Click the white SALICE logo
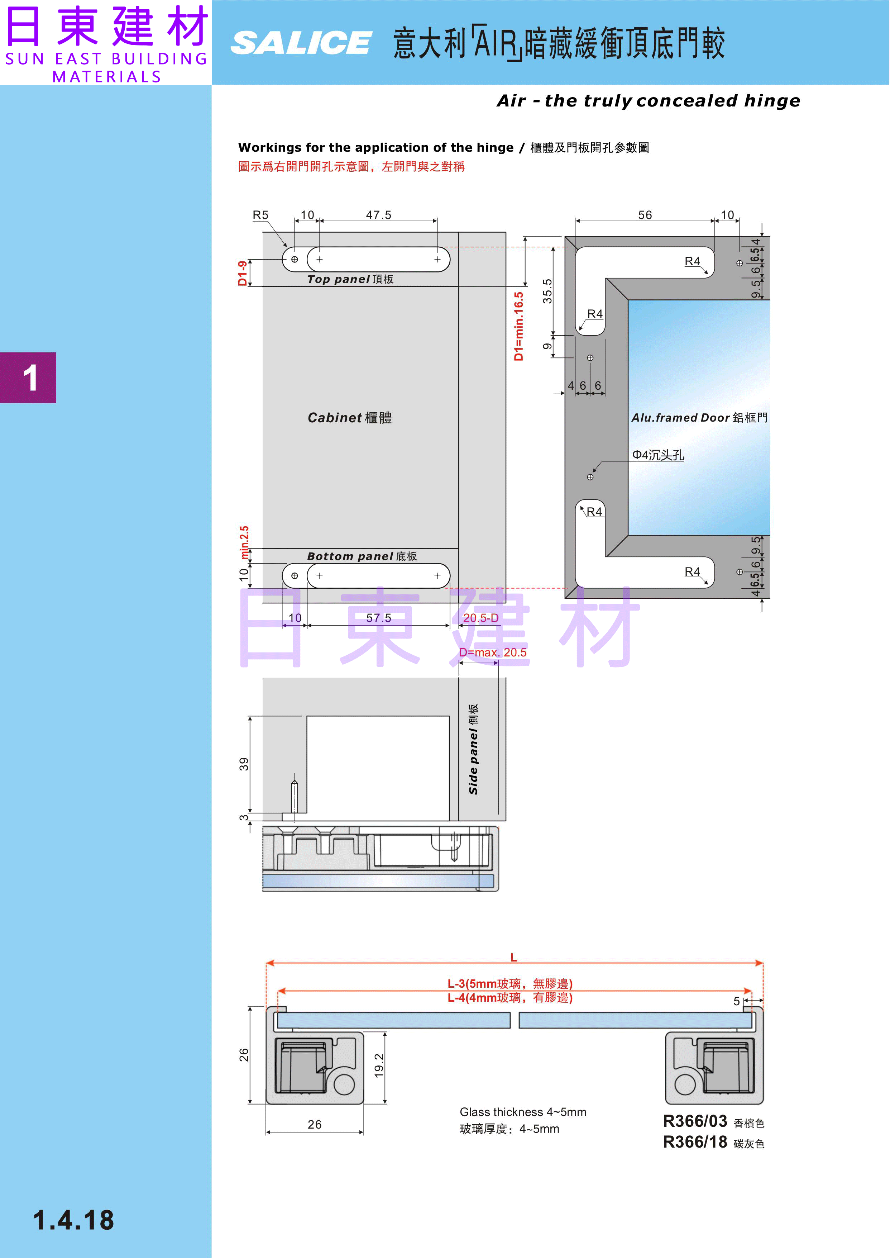(301, 43)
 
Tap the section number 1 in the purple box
(30, 378)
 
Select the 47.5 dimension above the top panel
(379, 215)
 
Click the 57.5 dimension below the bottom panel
(379, 618)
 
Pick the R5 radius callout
(260, 215)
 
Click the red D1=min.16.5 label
(518, 326)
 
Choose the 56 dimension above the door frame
(645, 215)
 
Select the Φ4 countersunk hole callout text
(658, 455)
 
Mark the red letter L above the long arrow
(513, 958)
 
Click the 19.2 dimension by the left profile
(379, 1065)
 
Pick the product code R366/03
(695, 1121)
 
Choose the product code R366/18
(695, 1142)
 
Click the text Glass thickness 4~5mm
(523, 1112)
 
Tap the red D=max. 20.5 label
(493, 652)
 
